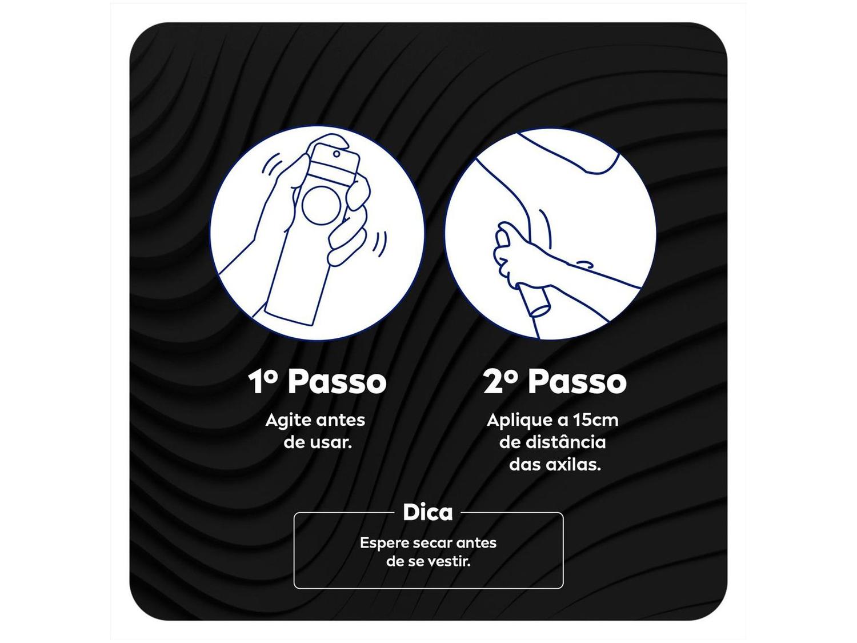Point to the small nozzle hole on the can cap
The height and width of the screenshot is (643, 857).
pos(337,154)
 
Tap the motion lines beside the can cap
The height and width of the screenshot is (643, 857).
pos(272,165)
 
